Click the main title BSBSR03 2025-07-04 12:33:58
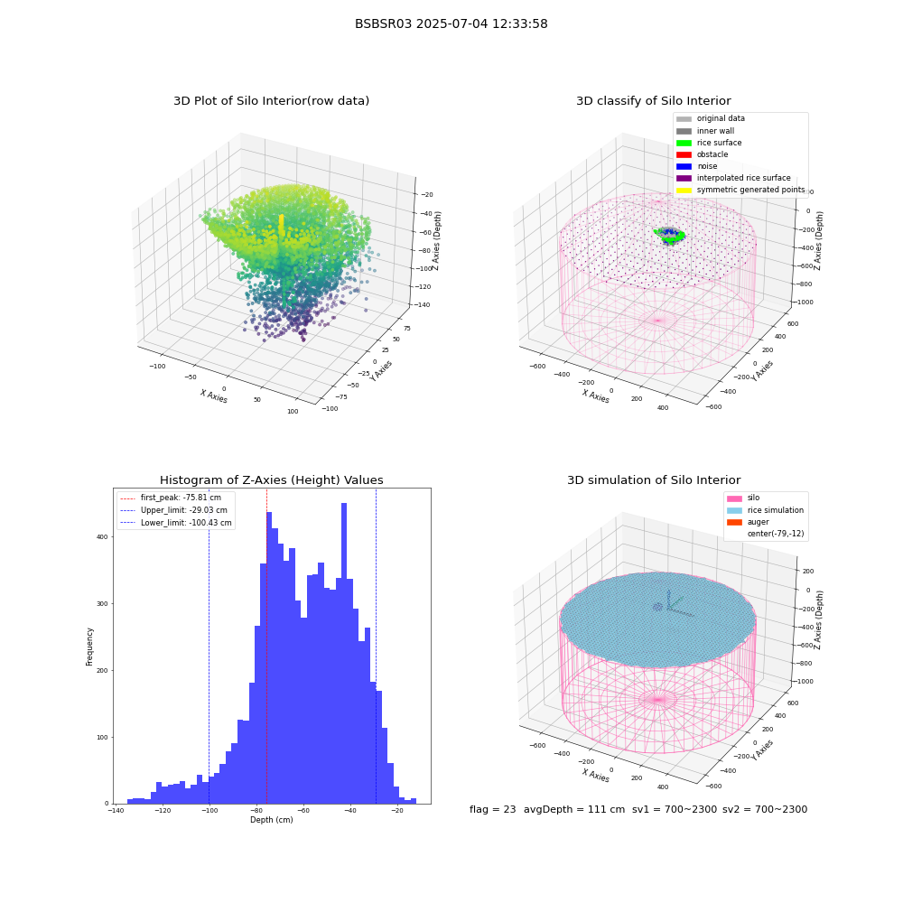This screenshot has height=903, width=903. point(451,23)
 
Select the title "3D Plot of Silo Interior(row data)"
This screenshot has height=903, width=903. point(271,101)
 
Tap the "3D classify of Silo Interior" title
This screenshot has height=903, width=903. point(654,101)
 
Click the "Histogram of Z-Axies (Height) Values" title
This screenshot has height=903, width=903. point(271,479)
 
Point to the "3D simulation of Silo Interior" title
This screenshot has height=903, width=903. point(654,479)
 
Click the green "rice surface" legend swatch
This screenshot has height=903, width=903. point(684,143)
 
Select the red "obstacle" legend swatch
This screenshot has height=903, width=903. point(684,154)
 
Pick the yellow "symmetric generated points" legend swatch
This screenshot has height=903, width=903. point(684,190)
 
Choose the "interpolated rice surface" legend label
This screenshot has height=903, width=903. point(743,178)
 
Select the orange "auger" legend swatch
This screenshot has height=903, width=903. point(734,522)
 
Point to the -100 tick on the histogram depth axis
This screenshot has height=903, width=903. point(209,810)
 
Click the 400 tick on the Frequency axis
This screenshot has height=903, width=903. point(102,536)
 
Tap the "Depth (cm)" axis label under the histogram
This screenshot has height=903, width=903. point(271,820)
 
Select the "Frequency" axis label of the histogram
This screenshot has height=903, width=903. point(89,647)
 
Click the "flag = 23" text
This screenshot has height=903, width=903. point(492,809)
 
